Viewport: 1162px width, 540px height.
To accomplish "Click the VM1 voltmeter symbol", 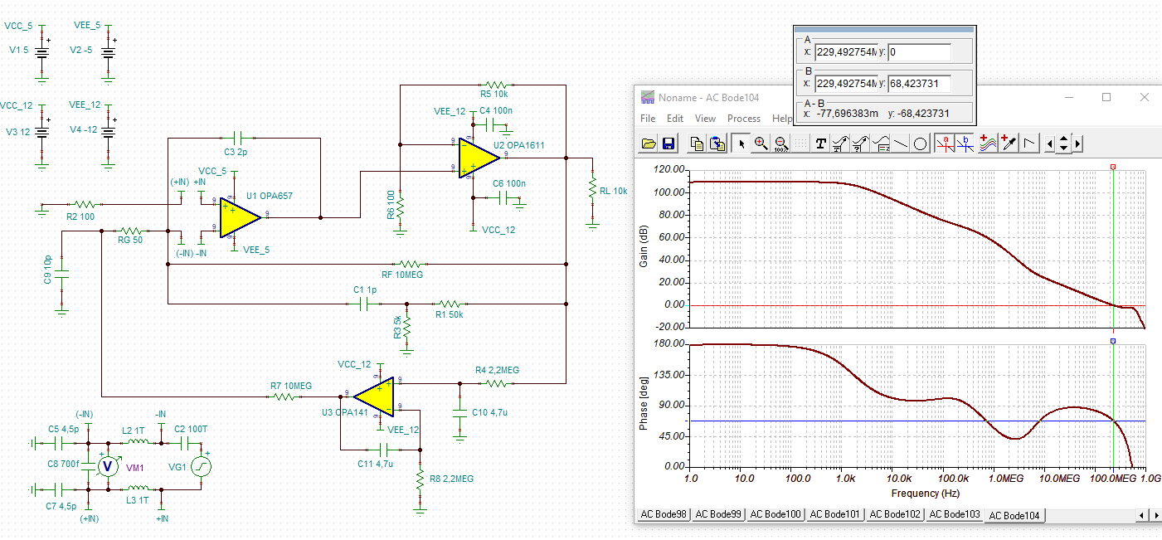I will pyautogui.click(x=107, y=467).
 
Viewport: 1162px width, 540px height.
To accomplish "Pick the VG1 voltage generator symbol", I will pyautogui.click(x=202, y=467).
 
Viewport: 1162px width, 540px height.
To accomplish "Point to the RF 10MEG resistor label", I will pyautogui.click(x=401, y=275).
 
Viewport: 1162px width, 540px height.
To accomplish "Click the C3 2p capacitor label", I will pyautogui.click(x=236, y=153).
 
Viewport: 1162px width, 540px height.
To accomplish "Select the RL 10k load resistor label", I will pyautogui.click(x=614, y=191).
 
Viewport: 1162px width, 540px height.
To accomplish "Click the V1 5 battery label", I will pyautogui.click(x=18, y=51).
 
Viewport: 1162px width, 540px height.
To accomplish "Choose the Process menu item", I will pyautogui.click(x=743, y=119).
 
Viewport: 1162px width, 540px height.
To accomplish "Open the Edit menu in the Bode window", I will pyautogui.click(x=675, y=119).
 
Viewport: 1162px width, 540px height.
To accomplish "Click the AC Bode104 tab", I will pyautogui.click(x=1014, y=515).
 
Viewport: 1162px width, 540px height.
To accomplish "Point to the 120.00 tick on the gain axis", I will pyautogui.click(x=669, y=169).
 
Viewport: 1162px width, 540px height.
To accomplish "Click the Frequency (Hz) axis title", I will pyautogui.click(x=916, y=494).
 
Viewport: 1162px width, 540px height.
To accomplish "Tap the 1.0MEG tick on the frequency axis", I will pyautogui.click(x=1005, y=479).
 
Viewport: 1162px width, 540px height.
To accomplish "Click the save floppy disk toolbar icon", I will pyautogui.click(x=669, y=144).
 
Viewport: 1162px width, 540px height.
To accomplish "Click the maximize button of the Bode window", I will pyautogui.click(x=1106, y=97).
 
